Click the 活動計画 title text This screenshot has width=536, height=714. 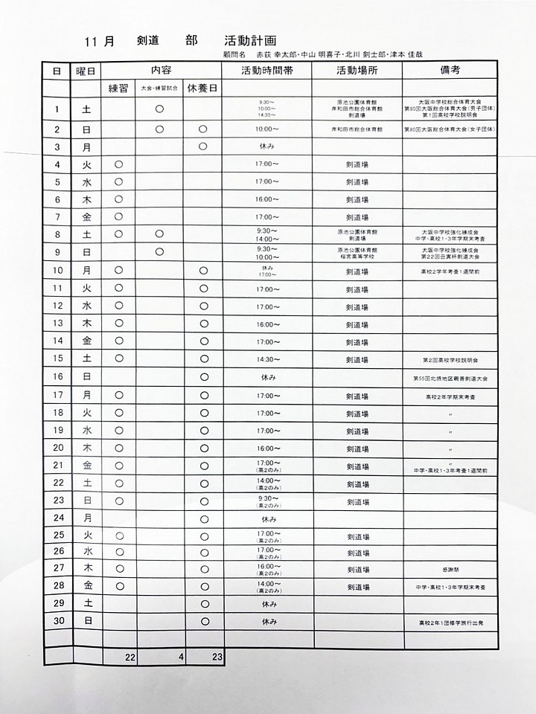[249, 42]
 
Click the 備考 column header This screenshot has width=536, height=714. [449, 70]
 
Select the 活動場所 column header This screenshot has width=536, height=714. [357, 71]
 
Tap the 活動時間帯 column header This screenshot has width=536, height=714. [267, 71]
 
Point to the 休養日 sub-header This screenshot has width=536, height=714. [202, 88]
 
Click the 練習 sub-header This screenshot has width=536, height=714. [118, 88]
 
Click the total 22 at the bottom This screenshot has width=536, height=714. [130, 657]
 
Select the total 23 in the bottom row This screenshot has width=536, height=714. [217, 657]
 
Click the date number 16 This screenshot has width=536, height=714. [57, 377]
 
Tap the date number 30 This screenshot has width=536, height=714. [57, 621]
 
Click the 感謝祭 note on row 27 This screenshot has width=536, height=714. [450, 568]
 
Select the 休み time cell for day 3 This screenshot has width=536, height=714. [267, 147]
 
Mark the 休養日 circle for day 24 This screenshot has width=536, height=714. [204, 518]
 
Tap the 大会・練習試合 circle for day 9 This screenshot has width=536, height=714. [159, 252]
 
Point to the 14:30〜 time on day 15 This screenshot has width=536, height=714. [267, 359]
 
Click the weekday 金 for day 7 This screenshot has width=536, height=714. [87, 217]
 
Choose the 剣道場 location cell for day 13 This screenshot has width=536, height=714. [357, 324]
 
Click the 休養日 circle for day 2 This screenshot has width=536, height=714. [202, 129]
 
